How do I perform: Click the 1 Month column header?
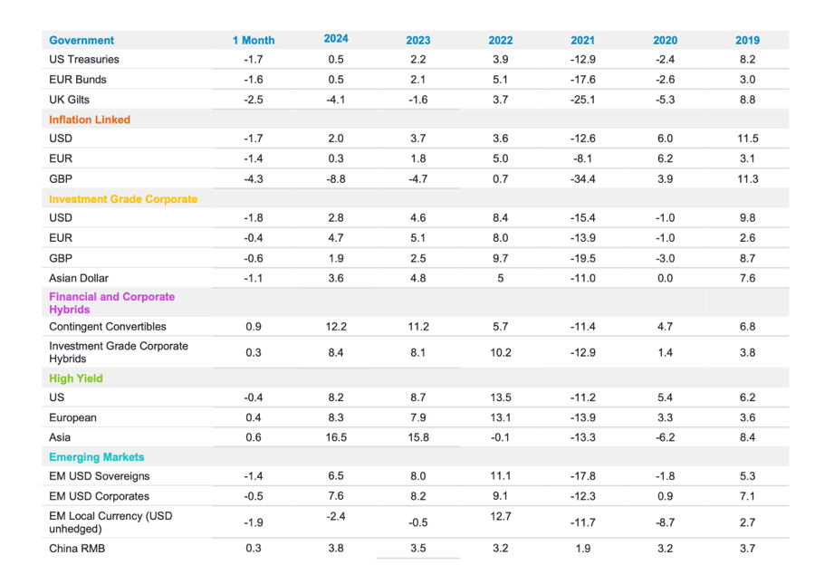click(x=254, y=40)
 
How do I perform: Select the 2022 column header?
click(x=500, y=40)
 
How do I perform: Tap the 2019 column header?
click(x=747, y=40)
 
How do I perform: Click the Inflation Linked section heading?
click(x=90, y=120)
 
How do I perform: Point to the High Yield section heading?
click(x=76, y=378)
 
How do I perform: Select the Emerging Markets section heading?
click(x=97, y=457)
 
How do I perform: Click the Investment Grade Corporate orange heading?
click(x=123, y=199)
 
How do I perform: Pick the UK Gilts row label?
click(x=69, y=100)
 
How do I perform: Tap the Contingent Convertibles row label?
click(x=108, y=327)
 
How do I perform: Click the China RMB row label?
click(x=77, y=548)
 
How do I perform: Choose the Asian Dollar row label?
click(x=79, y=278)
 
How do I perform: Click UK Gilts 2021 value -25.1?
click(x=582, y=100)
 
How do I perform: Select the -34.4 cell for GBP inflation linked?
click(x=582, y=179)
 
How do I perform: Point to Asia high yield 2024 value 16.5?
click(x=336, y=437)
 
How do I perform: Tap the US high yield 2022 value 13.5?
click(x=500, y=397)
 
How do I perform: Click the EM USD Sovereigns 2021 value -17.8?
click(x=582, y=476)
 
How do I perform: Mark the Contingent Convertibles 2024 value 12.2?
click(x=336, y=327)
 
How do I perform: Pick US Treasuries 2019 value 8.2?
click(x=747, y=60)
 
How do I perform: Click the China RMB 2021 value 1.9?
click(x=582, y=548)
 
